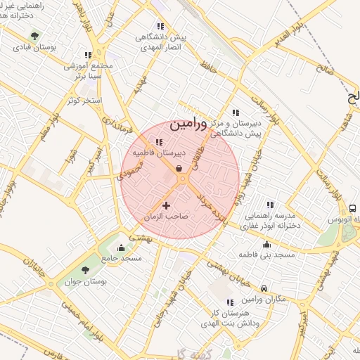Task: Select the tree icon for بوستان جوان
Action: (86, 270)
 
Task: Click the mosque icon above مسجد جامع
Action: (122, 247)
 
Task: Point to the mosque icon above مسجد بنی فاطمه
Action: (266, 245)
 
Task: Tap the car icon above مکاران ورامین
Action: (264, 288)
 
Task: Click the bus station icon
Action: (352, 208)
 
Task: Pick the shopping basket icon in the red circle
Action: (179, 169)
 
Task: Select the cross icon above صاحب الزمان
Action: (166, 205)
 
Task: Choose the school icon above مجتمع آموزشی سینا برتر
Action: (88, 55)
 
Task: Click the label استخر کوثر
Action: (84, 101)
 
